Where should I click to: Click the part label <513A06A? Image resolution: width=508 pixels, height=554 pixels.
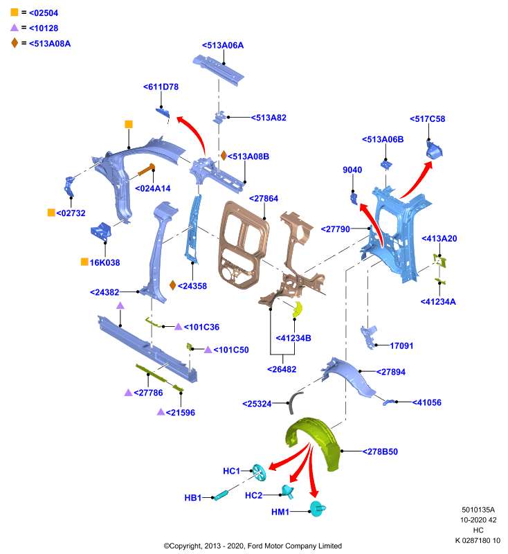(223, 45)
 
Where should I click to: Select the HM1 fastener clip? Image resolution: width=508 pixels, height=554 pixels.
(317, 509)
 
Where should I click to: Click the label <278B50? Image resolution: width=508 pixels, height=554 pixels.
(380, 452)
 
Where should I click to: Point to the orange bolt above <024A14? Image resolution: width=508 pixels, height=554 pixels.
(146, 170)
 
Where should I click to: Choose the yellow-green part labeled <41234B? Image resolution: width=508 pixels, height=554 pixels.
(298, 309)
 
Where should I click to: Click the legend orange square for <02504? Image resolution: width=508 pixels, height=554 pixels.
(14, 12)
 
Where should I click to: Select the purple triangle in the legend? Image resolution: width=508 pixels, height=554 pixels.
(14, 28)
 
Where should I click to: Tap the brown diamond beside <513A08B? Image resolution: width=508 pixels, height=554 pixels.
(224, 155)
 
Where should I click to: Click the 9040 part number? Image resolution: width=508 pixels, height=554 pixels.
(352, 170)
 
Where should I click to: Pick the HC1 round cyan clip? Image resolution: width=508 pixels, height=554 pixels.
(259, 472)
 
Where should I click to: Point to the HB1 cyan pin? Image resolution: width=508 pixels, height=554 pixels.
(221, 495)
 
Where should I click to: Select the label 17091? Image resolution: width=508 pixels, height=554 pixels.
(401, 346)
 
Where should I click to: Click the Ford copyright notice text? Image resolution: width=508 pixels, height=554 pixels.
(253, 546)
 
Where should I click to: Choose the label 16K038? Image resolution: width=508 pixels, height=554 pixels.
(105, 262)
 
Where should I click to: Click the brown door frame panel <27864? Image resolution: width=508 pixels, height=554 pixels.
(243, 244)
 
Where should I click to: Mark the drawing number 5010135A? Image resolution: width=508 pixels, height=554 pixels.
(478, 510)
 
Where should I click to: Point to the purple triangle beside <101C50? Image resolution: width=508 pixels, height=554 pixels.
(208, 350)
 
